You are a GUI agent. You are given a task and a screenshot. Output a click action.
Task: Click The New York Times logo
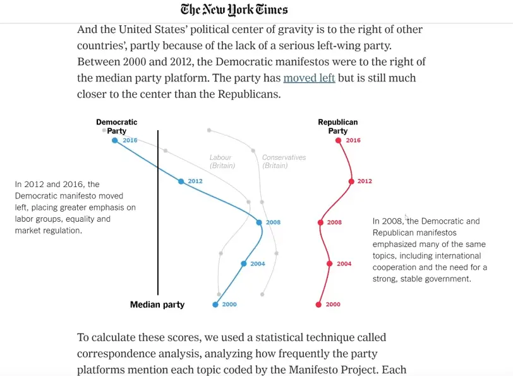tap(234, 9)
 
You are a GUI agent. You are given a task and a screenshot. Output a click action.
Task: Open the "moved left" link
tap(309, 78)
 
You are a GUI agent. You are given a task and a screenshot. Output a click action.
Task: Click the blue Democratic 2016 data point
tap(114, 140)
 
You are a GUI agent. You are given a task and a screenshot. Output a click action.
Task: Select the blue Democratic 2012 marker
tap(181, 181)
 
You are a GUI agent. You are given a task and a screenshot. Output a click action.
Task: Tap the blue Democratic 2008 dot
tap(259, 222)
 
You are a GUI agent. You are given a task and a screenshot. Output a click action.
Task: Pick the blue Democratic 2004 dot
tap(243, 264)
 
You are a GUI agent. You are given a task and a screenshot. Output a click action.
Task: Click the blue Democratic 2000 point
tap(215, 305)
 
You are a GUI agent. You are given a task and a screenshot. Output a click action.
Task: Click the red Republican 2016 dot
tap(339, 140)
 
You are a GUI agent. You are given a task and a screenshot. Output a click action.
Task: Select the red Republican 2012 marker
tap(351, 181)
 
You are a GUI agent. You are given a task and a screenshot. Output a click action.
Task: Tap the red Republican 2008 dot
tap(320, 222)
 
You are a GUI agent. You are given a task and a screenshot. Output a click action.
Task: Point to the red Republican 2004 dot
tap(329, 264)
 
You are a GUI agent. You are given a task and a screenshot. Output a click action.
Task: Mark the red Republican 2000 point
tap(318, 305)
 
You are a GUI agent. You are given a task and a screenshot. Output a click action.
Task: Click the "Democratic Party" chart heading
tap(116, 126)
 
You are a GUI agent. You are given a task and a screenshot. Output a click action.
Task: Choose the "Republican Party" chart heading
tap(337, 126)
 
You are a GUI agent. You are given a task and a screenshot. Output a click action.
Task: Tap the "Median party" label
tap(157, 305)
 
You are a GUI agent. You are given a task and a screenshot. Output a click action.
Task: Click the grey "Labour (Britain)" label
tap(222, 161)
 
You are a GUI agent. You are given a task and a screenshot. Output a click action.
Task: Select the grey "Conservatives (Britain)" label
tap(284, 161)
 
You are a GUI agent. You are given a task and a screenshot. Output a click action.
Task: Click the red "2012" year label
tap(365, 181)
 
